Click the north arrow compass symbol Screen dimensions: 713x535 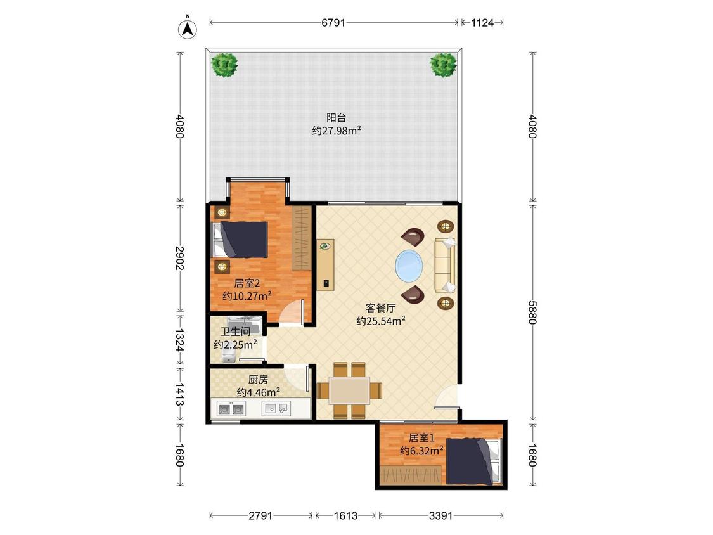click(x=187, y=28)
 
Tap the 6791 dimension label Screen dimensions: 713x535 click(x=333, y=22)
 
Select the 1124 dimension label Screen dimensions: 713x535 click(x=482, y=22)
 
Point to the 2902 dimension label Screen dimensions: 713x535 click(x=180, y=258)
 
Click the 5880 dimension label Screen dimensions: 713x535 click(x=532, y=312)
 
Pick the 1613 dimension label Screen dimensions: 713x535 click(x=345, y=515)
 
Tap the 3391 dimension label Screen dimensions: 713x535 click(x=440, y=515)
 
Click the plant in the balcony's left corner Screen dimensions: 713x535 click(x=224, y=65)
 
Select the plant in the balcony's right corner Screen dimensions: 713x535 click(x=444, y=65)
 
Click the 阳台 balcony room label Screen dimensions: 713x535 click(x=336, y=117)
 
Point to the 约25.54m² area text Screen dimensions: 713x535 click(x=381, y=321)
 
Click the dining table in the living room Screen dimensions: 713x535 click(x=349, y=390)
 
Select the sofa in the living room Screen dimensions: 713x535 click(x=445, y=265)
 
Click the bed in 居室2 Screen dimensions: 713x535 click(x=240, y=240)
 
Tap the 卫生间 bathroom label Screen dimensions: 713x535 click(x=235, y=332)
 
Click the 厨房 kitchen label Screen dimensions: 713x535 click(x=258, y=379)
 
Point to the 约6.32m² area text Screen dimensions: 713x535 click(x=422, y=451)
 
